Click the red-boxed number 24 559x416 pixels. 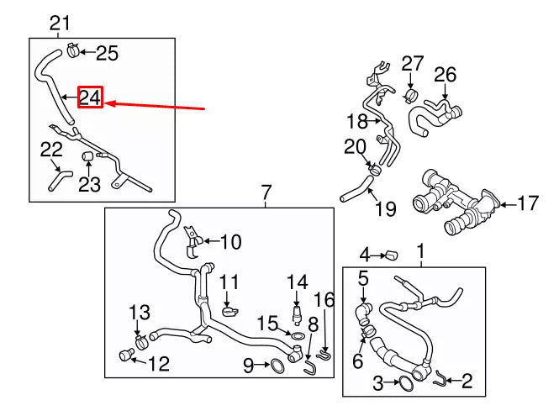(x=90, y=97)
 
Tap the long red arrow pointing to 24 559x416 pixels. (x=156, y=106)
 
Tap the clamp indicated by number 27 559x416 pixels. (x=412, y=93)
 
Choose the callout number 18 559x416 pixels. (x=357, y=120)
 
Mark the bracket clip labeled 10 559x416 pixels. (x=192, y=240)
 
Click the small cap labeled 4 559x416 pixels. (x=390, y=253)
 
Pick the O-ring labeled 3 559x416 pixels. (x=405, y=383)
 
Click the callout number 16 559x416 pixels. (x=324, y=299)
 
